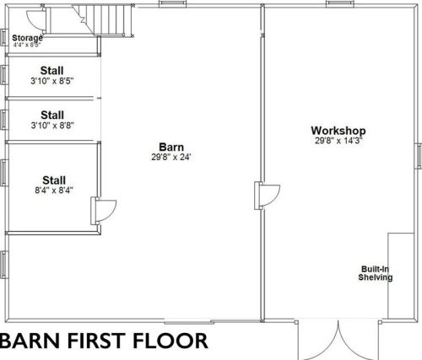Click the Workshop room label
(338, 131)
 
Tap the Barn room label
(171, 147)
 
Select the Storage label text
(27, 38)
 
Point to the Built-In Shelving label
(375, 273)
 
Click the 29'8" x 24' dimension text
(171, 157)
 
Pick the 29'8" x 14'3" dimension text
(338, 141)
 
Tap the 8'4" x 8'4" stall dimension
(54, 191)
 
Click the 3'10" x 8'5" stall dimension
(52, 81)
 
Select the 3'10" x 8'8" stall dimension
(52, 126)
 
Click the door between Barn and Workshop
(267, 196)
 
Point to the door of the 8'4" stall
(103, 211)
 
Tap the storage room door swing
(35, 19)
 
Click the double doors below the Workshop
(338, 339)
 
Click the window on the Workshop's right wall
(419, 156)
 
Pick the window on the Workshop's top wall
(340, 4)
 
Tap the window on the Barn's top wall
(172, 4)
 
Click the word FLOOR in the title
(170, 341)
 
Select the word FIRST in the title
(95, 341)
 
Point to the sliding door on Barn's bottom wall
(187, 321)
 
